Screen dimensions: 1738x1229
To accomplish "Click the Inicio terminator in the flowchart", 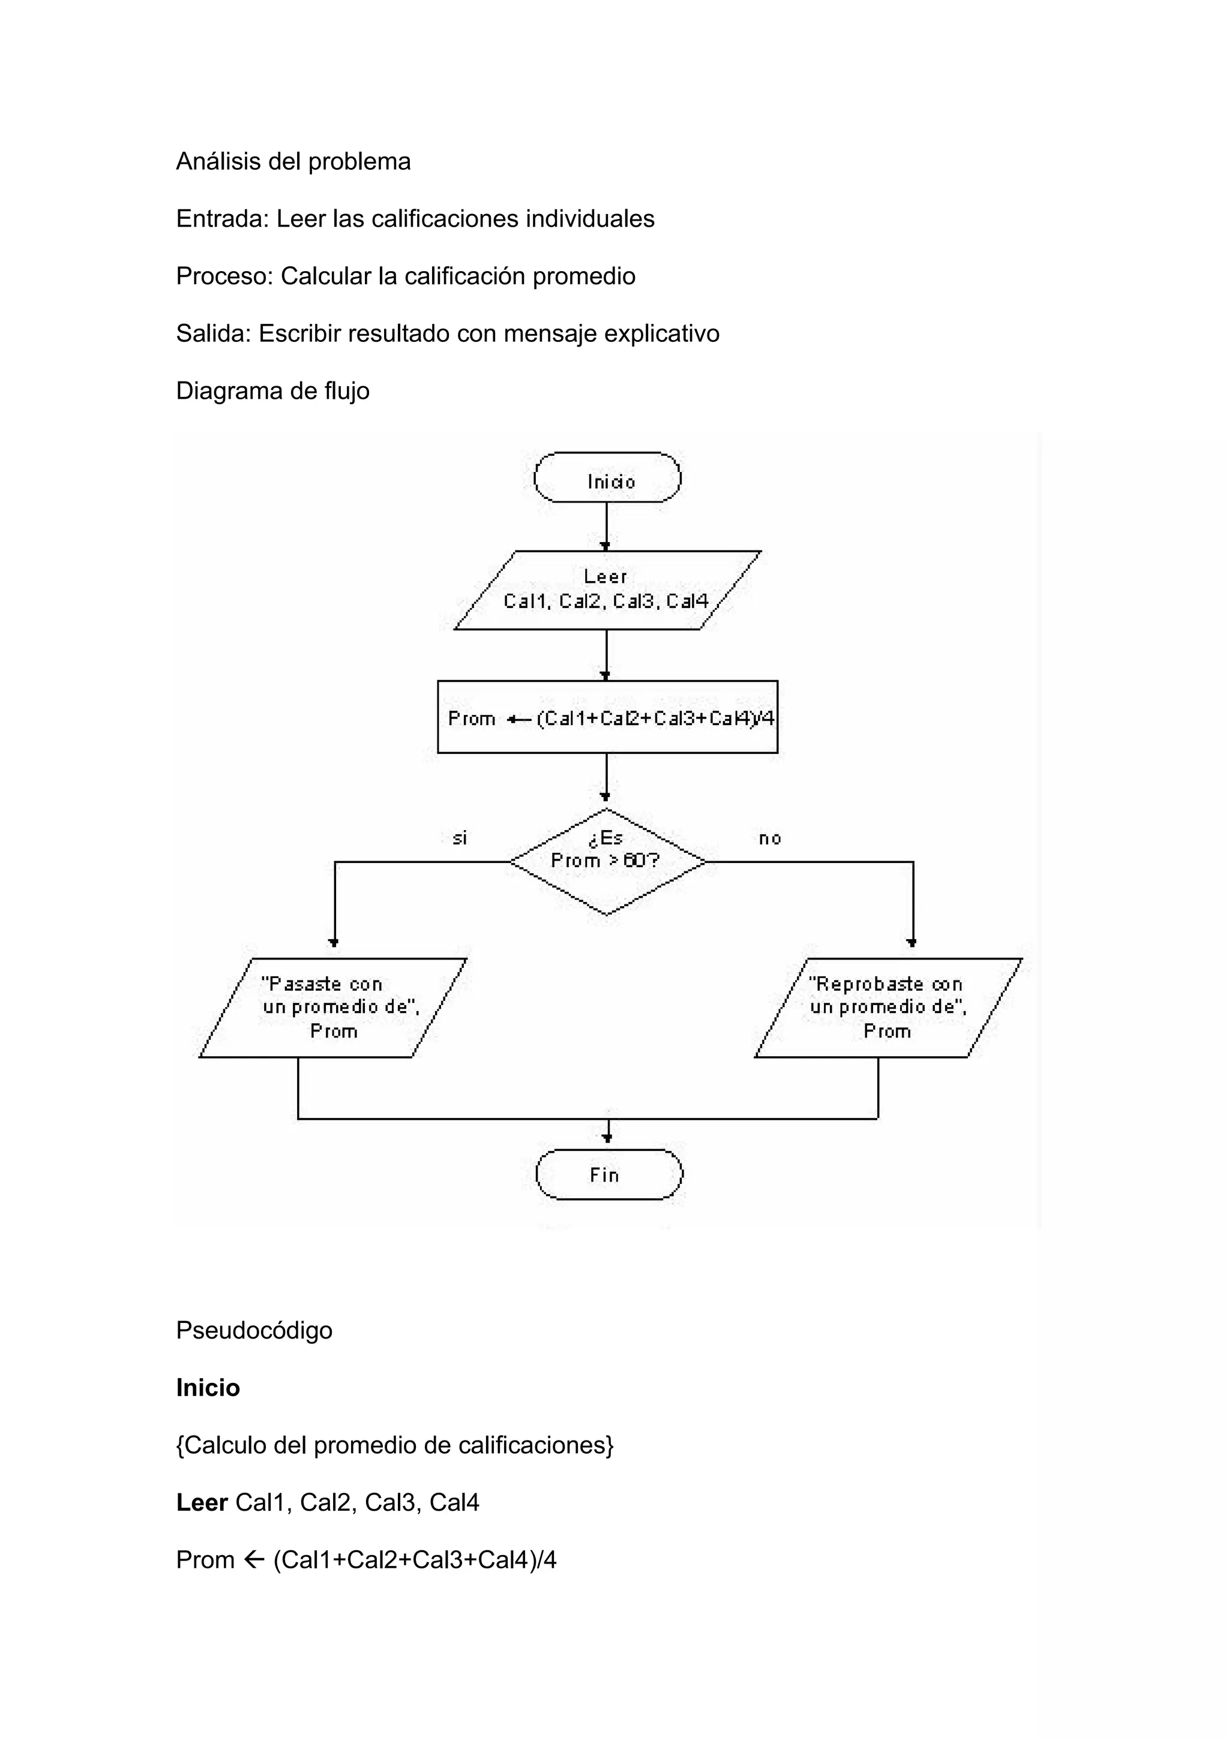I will click(607, 477).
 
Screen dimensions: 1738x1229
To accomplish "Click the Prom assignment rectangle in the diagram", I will click(607, 716).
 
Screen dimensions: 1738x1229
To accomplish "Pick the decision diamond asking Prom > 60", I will click(607, 861).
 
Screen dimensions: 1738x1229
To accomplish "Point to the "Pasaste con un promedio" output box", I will click(332, 1008).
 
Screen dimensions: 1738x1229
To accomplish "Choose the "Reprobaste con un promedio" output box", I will click(888, 1008).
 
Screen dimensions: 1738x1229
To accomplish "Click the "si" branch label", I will click(460, 838).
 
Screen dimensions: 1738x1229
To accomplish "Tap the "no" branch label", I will click(769, 838).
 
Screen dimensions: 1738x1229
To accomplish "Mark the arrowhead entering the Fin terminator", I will click(607, 1138).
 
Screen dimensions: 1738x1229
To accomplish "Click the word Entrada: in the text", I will click(223, 219).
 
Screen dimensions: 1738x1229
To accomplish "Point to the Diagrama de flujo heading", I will click(272, 390).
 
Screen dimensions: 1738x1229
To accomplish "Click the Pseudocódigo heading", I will click(254, 1330).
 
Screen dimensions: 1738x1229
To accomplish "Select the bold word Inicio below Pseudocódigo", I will click(208, 1388).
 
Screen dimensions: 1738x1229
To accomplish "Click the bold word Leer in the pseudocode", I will click(202, 1502).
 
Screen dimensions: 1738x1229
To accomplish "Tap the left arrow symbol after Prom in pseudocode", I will click(254, 1559).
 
